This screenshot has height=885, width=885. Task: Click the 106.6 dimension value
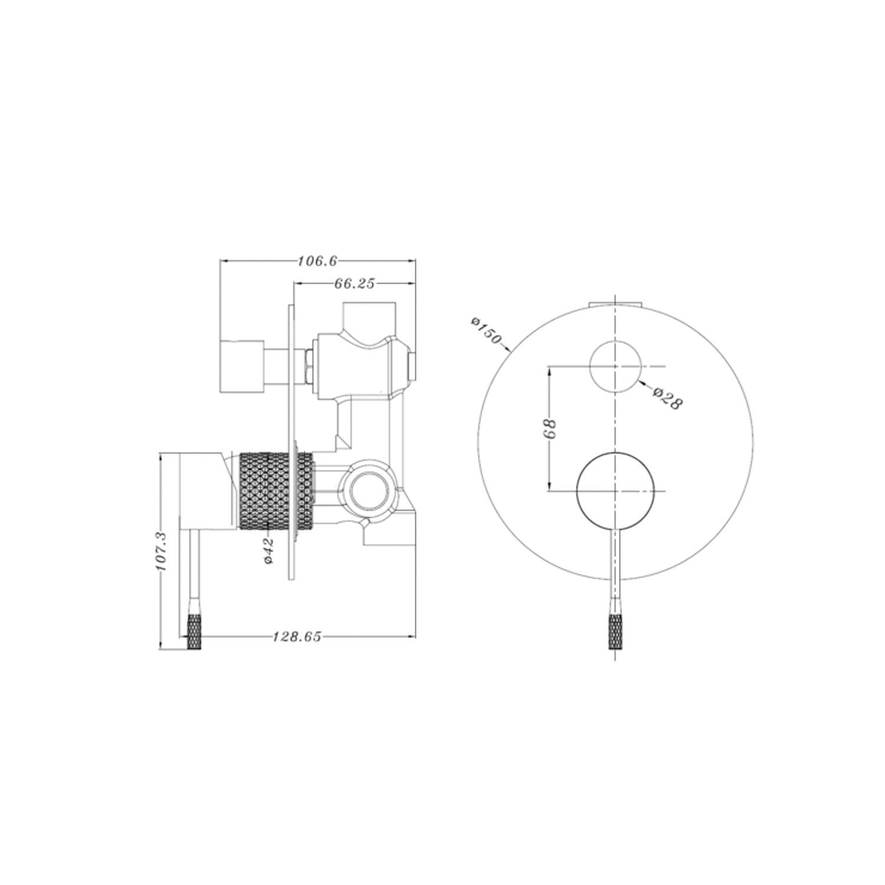click(x=318, y=260)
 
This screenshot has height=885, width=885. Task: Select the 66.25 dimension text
click(x=355, y=283)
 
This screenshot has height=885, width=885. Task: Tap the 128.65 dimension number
click(x=297, y=637)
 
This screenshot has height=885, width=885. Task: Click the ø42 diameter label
click(x=268, y=550)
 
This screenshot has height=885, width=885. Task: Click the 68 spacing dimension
click(x=550, y=429)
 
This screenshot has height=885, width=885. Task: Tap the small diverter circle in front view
click(x=615, y=366)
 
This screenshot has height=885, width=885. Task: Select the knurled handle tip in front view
click(x=615, y=631)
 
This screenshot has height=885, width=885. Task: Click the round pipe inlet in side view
click(x=369, y=490)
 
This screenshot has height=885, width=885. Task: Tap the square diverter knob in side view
click(x=241, y=366)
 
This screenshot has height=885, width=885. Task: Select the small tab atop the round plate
click(x=615, y=304)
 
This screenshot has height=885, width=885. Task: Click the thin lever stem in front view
click(x=615, y=566)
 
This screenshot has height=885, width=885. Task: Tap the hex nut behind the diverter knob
click(x=308, y=366)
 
